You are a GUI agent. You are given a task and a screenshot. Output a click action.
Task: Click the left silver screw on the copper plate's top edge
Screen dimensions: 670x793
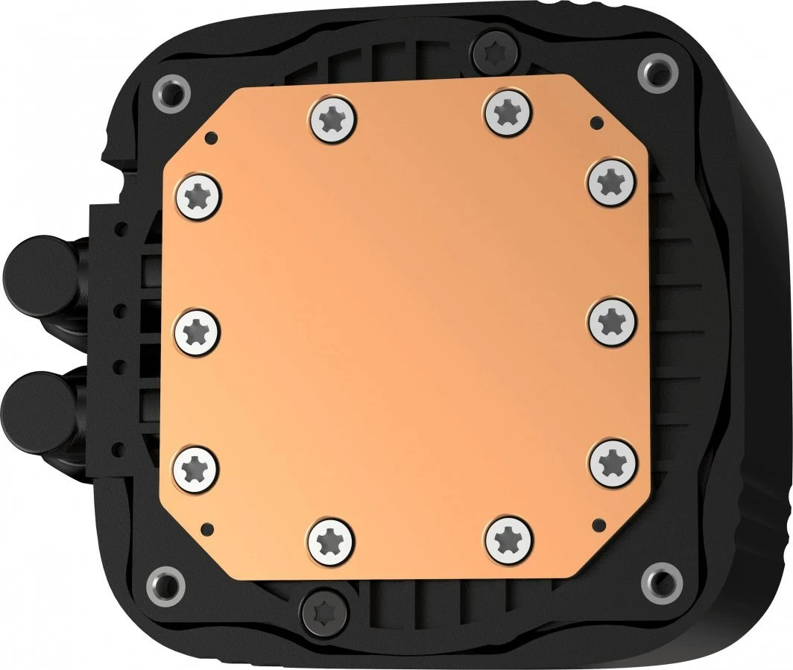[332, 118]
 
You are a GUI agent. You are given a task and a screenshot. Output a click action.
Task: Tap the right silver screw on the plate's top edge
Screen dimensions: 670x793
[508, 112]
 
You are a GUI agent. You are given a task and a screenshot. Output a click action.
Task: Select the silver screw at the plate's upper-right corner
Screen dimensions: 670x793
[611, 181]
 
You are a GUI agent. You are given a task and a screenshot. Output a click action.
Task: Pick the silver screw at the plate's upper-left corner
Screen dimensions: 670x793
[199, 197]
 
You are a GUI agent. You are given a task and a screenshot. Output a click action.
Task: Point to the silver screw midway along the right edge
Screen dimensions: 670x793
[612, 322]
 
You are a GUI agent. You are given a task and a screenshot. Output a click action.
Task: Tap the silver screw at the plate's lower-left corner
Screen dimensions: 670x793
[196, 468]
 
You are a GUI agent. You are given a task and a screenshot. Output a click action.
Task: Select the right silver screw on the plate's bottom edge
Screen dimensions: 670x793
[509, 538]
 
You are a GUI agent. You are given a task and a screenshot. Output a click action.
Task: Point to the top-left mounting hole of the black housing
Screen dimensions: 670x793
[171, 93]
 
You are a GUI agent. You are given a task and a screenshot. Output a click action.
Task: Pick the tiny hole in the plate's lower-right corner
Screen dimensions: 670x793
[596, 521]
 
